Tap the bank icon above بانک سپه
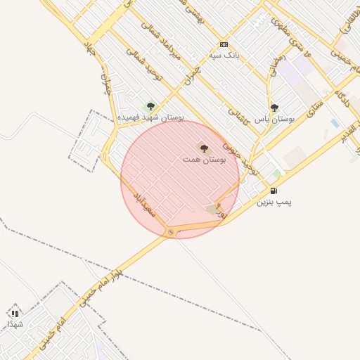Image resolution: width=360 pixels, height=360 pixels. pyautogui.click(x=224, y=44)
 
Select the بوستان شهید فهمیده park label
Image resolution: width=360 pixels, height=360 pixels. pyautogui.click(x=151, y=117)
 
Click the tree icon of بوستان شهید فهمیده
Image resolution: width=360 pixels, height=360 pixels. pyautogui.click(x=150, y=106)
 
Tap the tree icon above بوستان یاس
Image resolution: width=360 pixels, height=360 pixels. pyautogui.click(x=274, y=108)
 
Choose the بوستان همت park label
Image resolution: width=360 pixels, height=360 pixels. pyautogui.click(x=204, y=160)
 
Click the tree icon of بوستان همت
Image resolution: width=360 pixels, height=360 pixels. pyautogui.click(x=204, y=148)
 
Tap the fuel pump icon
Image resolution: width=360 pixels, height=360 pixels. pyautogui.click(x=274, y=191)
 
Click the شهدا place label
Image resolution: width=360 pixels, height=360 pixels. pyautogui.click(x=15, y=323)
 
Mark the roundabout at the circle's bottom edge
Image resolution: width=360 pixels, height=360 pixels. pyautogui.click(x=171, y=233)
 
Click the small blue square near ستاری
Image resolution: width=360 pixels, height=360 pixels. pyautogui.click(x=335, y=123)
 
